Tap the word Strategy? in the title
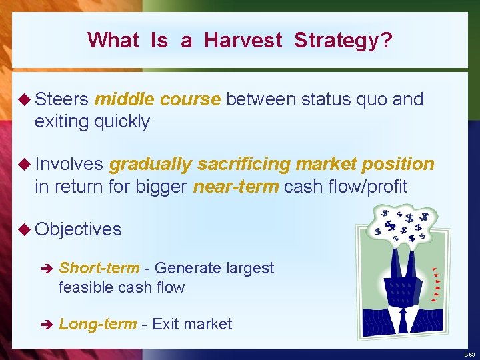point(343,41)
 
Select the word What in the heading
point(113,41)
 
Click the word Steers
point(62,100)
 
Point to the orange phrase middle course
point(157,100)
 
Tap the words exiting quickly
point(92,121)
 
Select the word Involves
point(69,164)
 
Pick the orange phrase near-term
point(235,186)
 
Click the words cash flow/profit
point(345,186)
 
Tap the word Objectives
point(78,229)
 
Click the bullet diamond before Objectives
point(26,229)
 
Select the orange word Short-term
point(99,268)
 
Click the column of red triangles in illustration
point(435,284)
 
